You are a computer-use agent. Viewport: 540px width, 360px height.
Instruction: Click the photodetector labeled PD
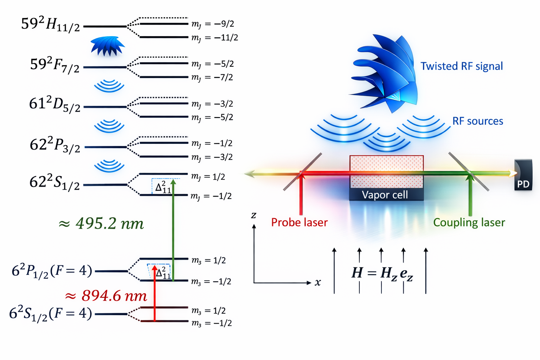pyautogui.click(x=523, y=176)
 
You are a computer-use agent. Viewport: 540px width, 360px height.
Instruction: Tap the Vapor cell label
pyautogui.click(x=385, y=195)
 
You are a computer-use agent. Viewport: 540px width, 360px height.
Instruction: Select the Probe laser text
pyautogui.click(x=299, y=222)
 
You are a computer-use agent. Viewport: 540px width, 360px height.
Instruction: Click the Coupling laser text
pyautogui.click(x=469, y=222)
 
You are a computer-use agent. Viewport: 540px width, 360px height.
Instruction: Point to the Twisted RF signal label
pyautogui.click(x=462, y=66)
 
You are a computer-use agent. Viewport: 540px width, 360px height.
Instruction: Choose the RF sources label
pyautogui.click(x=477, y=121)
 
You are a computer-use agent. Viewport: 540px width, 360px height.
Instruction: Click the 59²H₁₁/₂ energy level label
pyautogui.click(x=51, y=24)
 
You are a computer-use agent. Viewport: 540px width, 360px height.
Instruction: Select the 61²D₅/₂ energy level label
pyautogui.click(x=55, y=104)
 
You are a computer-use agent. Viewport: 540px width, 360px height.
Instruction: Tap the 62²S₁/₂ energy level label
pyautogui.click(x=54, y=182)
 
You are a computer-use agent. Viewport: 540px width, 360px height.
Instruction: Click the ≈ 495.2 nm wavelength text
pyautogui.click(x=101, y=224)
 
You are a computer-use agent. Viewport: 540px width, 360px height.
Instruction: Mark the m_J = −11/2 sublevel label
pyautogui.click(x=214, y=38)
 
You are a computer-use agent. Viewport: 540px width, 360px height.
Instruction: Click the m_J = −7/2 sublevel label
pyautogui.click(x=212, y=77)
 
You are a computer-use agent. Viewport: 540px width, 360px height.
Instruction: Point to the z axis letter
pyautogui.click(x=253, y=215)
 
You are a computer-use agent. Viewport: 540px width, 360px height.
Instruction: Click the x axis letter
pyautogui.click(x=318, y=282)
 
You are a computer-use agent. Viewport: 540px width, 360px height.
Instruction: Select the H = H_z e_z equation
pyautogui.click(x=382, y=273)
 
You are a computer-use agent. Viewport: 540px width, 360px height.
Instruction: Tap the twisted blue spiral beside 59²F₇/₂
pyautogui.click(x=108, y=46)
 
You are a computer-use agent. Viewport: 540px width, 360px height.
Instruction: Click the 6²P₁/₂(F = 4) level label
pyautogui.click(x=52, y=271)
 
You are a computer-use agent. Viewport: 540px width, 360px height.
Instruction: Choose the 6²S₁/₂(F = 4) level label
pyautogui.click(x=51, y=313)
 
